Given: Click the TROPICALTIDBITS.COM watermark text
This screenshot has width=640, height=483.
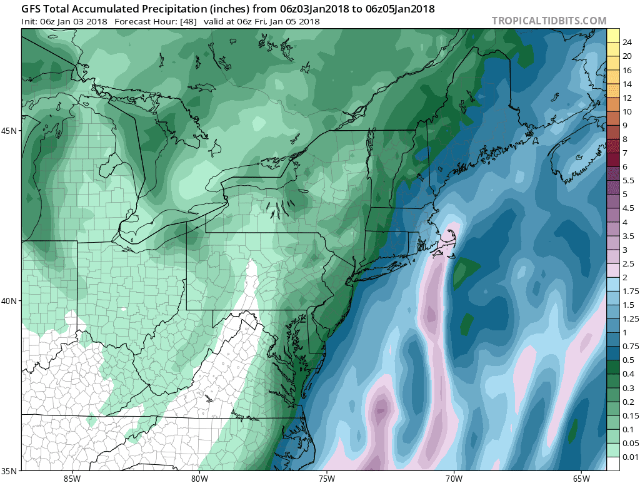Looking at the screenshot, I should (x=549, y=21).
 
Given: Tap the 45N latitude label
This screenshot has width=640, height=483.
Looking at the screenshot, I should (x=11, y=131).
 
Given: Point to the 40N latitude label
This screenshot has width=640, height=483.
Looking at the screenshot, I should (x=11, y=301).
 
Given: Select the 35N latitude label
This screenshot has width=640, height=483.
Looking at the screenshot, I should (x=11, y=470).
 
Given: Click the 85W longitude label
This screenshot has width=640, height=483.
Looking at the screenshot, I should (x=72, y=479).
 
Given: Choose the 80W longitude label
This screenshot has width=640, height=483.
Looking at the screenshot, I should (x=199, y=479).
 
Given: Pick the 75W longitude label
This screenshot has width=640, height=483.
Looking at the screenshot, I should (x=326, y=479).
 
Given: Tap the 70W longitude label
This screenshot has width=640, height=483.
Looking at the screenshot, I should (x=454, y=479).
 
